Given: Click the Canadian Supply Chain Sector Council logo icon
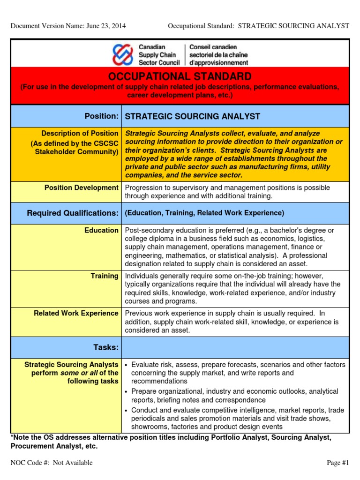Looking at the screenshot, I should tap(123, 55).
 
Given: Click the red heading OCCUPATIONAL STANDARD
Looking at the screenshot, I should tap(180, 76).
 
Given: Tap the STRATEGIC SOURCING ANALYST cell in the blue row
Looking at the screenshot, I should tap(192, 116).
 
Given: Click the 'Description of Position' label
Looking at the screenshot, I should tap(80, 134).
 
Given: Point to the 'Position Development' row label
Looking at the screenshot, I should tap(81, 187).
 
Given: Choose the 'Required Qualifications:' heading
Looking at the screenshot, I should tap(73, 213).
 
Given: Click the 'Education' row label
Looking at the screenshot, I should tap(102, 230).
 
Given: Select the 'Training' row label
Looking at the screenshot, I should tap(105, 276).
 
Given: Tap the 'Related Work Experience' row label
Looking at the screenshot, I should tap(76, 313).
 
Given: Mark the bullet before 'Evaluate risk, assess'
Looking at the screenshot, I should tap(127, 365).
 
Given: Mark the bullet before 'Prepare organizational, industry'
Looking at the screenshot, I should tap(127, 391).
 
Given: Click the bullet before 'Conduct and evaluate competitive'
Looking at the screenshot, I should tap(127, 410).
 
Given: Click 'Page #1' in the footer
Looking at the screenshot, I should tap(338, 463).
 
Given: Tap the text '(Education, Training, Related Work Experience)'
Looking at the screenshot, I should tap(204, 213).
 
